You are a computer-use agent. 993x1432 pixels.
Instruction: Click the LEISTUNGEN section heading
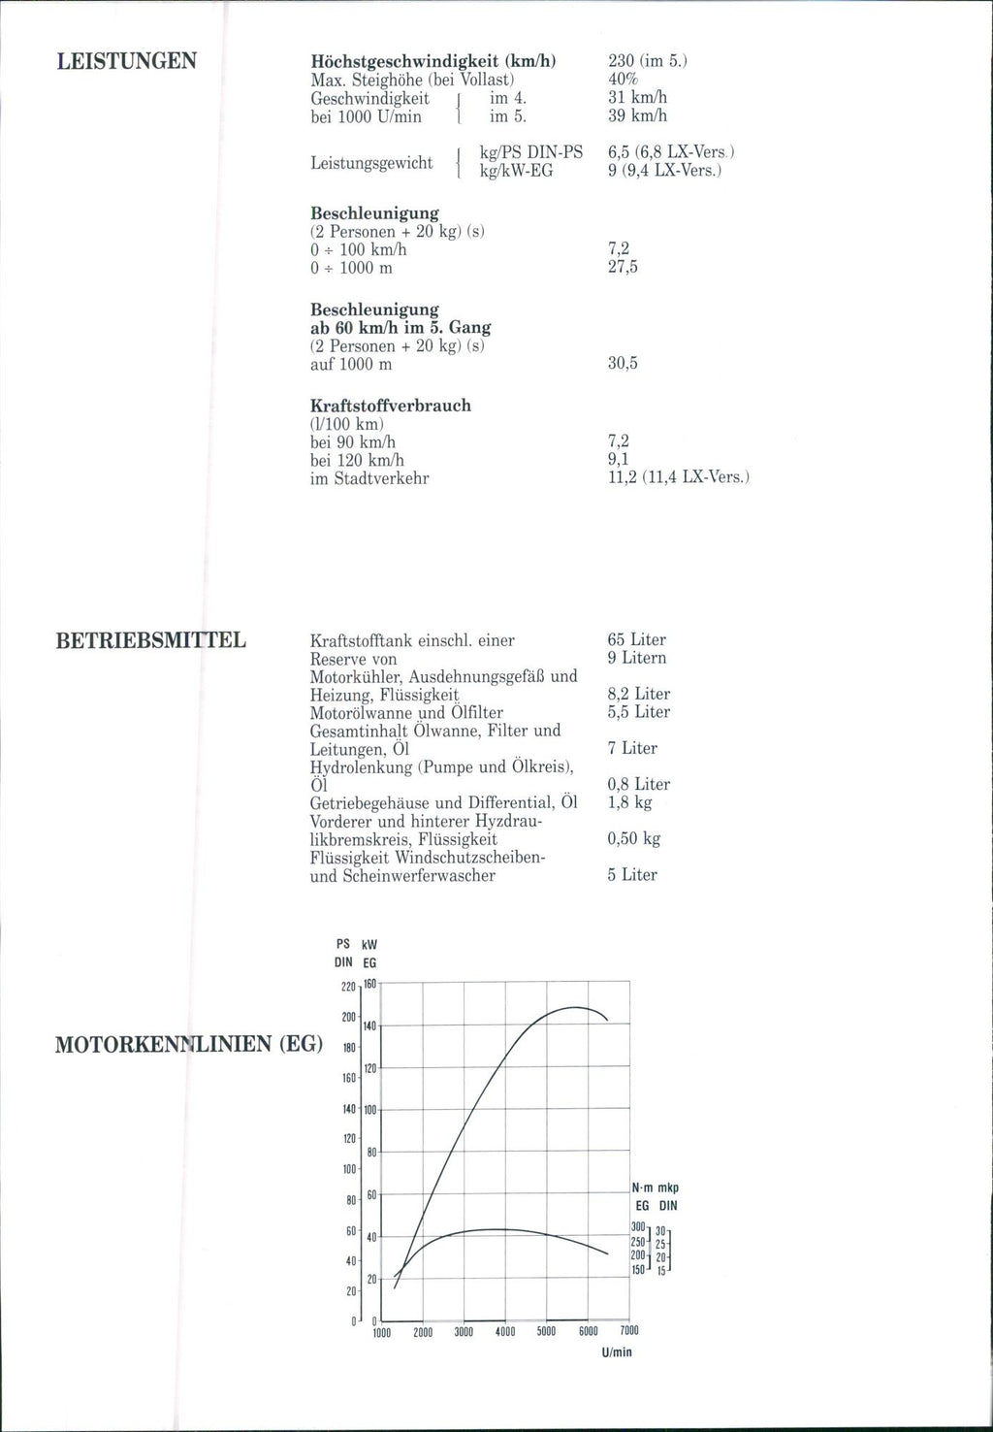pyautogui.click(x=127, y=62)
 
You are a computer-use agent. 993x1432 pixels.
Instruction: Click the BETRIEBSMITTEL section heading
pyautogui.click(x=151, y=640)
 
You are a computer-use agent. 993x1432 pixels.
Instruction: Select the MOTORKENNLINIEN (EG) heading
pyautogui.click(x=189, y=1045)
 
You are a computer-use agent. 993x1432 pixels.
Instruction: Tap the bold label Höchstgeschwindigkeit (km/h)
pyautogui.click(x=432, y=60)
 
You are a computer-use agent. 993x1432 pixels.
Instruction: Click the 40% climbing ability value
pyautogui.click(x=622, y=79)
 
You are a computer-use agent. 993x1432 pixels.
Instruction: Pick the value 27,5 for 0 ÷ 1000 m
pyautogui.click(x=623, y=267)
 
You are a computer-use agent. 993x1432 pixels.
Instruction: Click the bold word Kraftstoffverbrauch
pyautogui.click(x=391, y=406)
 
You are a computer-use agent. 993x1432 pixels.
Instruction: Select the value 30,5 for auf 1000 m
pyautogui.click(x=623, y=364)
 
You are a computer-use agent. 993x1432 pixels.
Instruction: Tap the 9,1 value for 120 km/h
pyautogui.click(x=617, y=460)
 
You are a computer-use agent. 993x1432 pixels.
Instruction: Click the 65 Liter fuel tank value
pyautogui.click(x=636, y=639)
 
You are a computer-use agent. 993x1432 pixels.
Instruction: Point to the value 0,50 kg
pyautogui.click(x=633, y=838)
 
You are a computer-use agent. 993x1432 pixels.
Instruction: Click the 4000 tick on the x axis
pyautogui.click(x=504, y=1332)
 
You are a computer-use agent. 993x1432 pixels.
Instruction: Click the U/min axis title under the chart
pyautogui.click(x=616, y=1351)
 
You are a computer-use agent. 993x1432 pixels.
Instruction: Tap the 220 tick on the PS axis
pyautogui.click(x=348, y=988)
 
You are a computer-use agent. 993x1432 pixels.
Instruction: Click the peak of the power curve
pyautogui.click(x=574, y=1007)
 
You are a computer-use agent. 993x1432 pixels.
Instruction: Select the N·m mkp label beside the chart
pyautogui.click(x=655, y=1188)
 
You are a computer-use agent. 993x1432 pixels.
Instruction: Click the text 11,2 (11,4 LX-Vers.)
pyautogui.click(x=679, y=477)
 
